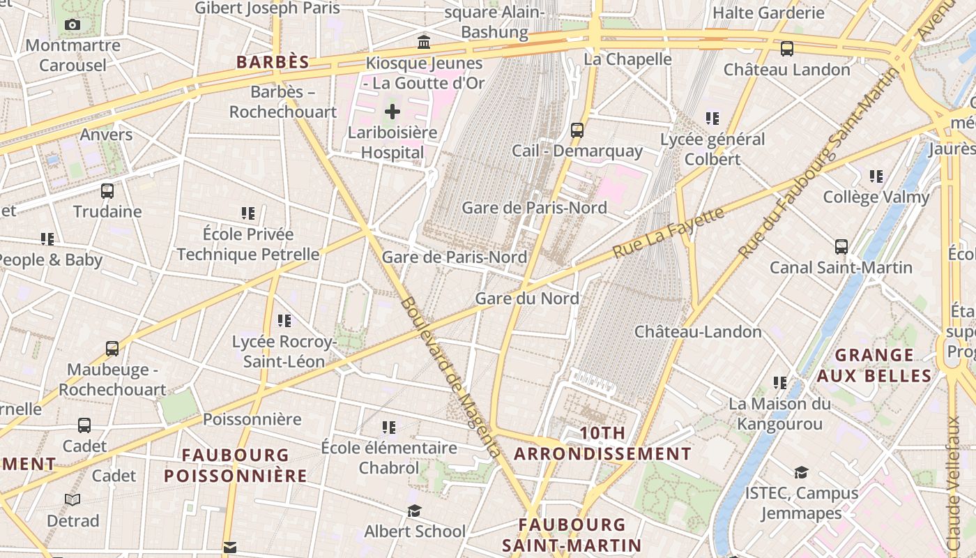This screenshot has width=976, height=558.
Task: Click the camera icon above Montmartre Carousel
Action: coord(72,25)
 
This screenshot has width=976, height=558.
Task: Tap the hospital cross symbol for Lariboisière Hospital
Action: coord(392,112)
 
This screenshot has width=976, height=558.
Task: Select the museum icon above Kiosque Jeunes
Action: coord(424,43)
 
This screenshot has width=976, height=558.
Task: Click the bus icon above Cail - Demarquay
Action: coord(577,130)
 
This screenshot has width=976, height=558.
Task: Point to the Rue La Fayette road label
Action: coord(669,232)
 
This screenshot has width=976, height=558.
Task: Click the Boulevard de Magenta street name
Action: coord(451,377)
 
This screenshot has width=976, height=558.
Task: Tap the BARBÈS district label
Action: coord(273,62)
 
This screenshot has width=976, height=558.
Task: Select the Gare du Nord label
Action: coord(527,299)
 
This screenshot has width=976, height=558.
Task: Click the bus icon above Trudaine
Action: coord(107,190)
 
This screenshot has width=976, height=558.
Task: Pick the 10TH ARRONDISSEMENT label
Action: coord(603,444)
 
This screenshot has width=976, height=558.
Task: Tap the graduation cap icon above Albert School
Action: coord(415,511)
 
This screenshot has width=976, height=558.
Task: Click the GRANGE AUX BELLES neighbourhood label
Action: coord(874,365)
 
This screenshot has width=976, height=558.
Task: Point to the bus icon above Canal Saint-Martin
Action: coord(841,246)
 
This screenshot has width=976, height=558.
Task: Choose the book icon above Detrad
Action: coord(73,499)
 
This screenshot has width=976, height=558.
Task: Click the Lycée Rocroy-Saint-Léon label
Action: coord(284,352)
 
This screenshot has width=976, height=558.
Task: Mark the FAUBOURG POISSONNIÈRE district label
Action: coord(236,465)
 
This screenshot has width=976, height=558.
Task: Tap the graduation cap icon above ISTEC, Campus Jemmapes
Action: coord(802,473)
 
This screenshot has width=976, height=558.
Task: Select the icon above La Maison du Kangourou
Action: coord(780,383)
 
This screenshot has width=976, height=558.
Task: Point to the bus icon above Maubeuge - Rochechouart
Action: coord(112,349)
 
